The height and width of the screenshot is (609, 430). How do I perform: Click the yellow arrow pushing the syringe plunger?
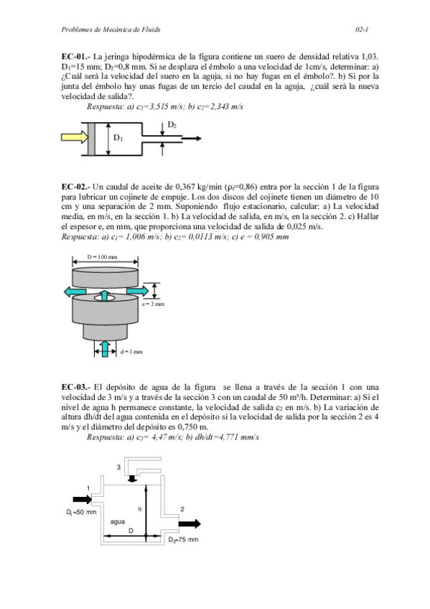(x=73, y=137)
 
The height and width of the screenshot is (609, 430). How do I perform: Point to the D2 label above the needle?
(x=172, y=124)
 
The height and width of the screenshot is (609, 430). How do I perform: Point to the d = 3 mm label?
(x=131, y=351)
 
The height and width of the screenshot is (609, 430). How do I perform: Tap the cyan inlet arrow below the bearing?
(x=105, y=348)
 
